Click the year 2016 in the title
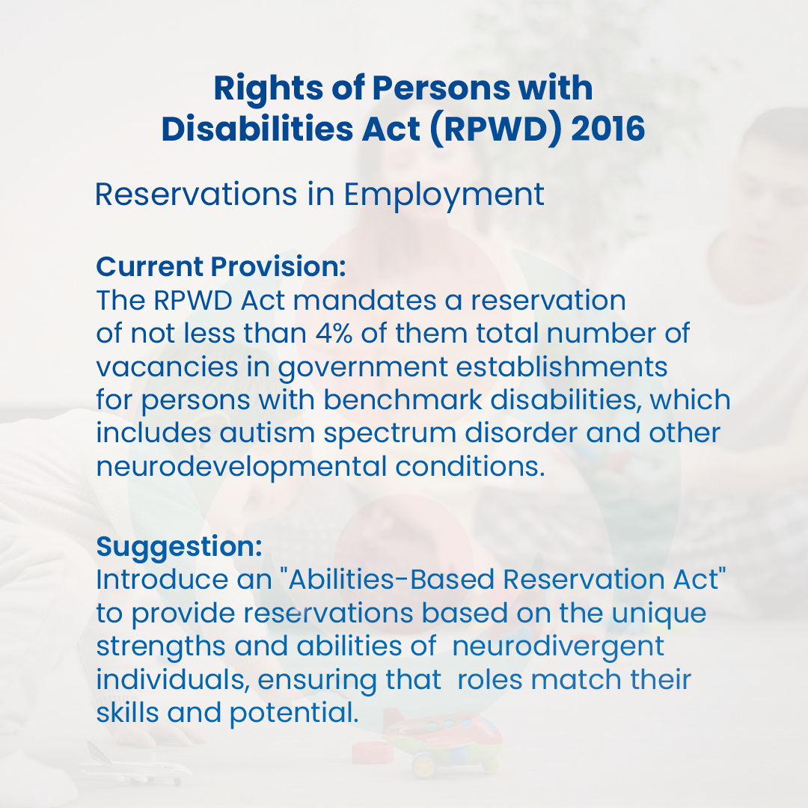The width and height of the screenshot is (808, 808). click(x=607, y=129)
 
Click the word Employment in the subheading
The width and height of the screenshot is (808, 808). click(x=444, y=195)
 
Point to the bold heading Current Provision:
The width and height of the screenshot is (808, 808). click(x=221, y=266)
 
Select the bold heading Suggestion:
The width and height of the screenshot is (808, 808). click(x=179, y=546)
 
